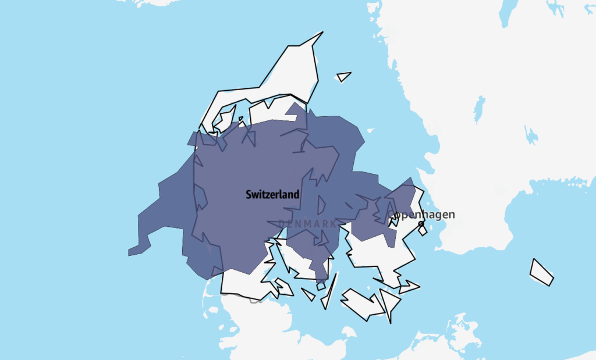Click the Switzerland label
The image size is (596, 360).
(x=272, y=194)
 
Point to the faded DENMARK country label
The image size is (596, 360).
(x=307, y=224)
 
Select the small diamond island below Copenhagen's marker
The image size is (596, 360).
(x=423, y=231)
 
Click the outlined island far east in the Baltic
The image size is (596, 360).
(x=541, y=272)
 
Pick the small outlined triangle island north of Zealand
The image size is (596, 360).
(x=343, y=76)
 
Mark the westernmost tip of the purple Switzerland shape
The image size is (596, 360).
(x=129, y=253)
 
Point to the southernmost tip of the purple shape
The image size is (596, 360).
(x=319, y=280)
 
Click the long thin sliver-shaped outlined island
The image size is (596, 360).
(x=329, y=291)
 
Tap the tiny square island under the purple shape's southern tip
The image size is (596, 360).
(x=321, y=286)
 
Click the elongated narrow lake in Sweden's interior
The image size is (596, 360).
(x=479, y=109)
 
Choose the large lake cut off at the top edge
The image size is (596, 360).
(x=508, y=12)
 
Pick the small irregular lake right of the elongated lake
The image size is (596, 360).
(x=531, y=136)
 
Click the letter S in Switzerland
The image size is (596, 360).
(x=249, y=195)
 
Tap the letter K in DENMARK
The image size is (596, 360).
(x=332, y=224)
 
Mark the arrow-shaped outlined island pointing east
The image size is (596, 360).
(x=409, y=286)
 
